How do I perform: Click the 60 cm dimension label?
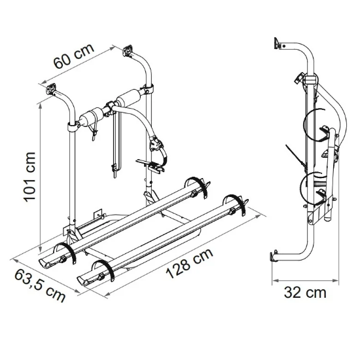[x=74, y=56]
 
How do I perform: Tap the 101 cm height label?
[x=29, y=177]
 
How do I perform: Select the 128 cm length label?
[x=189, y=263]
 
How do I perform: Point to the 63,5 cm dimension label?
[x=40, y=285]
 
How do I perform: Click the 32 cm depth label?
[x=305, y=293]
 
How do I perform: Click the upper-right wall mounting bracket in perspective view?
[x=128, y=50]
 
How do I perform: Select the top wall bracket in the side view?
[x=278, y=43]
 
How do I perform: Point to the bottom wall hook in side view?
[x=273, y=257]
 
